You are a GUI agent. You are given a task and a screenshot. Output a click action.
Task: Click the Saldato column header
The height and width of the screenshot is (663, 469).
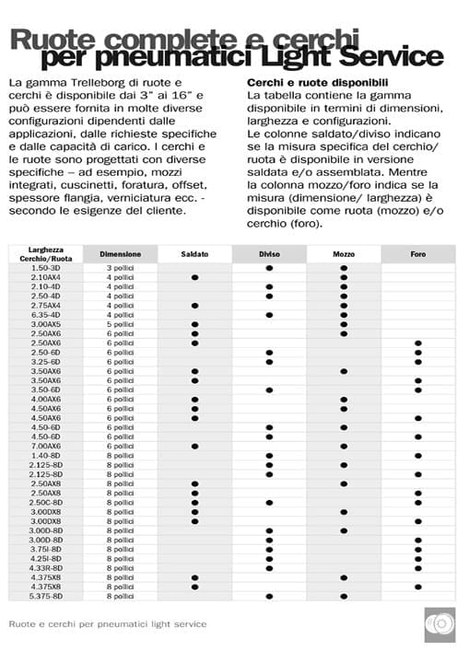(x=194, y=252)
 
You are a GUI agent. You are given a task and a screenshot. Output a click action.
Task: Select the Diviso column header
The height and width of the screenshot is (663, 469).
(x=269, y=252)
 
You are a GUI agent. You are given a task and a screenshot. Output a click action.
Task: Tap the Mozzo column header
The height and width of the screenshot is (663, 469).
(x=344, y=252)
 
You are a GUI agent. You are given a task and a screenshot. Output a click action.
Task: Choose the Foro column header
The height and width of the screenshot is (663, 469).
(x=418, y=252)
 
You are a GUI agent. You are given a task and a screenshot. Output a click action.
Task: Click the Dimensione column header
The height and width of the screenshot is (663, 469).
(x=120, y=252)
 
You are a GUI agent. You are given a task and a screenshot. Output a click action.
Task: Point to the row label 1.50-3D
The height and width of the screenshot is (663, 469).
(x=46, y=267)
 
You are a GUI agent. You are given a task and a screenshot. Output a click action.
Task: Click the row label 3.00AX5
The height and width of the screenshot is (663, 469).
(x=46, y=324)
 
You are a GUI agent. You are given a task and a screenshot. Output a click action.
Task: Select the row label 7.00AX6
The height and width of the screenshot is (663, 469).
(x=46, y=446)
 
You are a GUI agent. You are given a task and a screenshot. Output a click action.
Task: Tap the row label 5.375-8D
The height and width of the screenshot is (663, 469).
(x=46, y=596)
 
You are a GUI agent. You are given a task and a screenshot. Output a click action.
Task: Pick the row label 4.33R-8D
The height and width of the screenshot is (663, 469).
(x=46, y=568)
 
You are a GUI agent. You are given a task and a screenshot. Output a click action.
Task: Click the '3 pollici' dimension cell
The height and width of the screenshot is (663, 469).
(x=120, y=267)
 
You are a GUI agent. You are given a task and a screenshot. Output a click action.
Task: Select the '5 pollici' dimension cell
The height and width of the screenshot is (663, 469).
(x=120, y=324)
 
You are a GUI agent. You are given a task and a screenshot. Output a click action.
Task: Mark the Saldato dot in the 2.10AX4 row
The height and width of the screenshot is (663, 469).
(x=194, y=276)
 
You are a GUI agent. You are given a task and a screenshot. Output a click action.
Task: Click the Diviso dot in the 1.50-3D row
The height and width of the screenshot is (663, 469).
(x=269, y=267)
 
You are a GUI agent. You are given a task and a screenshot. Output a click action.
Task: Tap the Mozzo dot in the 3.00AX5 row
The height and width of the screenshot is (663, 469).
(x=344, y=324)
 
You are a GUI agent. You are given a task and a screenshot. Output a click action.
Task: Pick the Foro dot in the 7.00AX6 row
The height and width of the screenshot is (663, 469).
(x=418, y=446)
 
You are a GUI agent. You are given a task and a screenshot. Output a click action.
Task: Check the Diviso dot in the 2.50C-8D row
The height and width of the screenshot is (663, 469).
(x=269, y=502)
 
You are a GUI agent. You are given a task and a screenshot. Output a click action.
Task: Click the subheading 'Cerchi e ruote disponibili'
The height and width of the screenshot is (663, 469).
(x=309, y=82)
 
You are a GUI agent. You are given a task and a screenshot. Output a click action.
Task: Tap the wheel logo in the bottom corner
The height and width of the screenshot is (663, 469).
(x=439, y=622)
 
